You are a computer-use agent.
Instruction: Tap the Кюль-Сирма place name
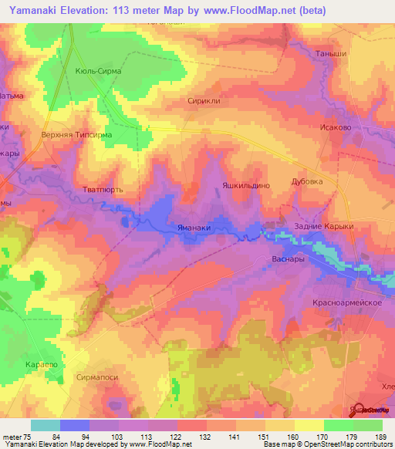pos(99,71)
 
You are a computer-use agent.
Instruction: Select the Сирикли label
pos(204,100)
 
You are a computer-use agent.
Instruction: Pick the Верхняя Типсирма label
pos(76,134)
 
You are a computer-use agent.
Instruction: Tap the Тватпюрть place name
pos(103,189)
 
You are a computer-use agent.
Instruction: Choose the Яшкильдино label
pos(245,186)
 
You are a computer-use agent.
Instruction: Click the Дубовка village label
pos(307,183)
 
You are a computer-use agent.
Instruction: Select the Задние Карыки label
pos(323,226)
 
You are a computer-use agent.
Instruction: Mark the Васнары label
pos(290,259)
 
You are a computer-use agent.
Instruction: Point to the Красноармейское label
pos(349,303)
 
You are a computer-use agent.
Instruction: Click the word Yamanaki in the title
pos(35,11)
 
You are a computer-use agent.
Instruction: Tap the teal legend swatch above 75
pos(45,425)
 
